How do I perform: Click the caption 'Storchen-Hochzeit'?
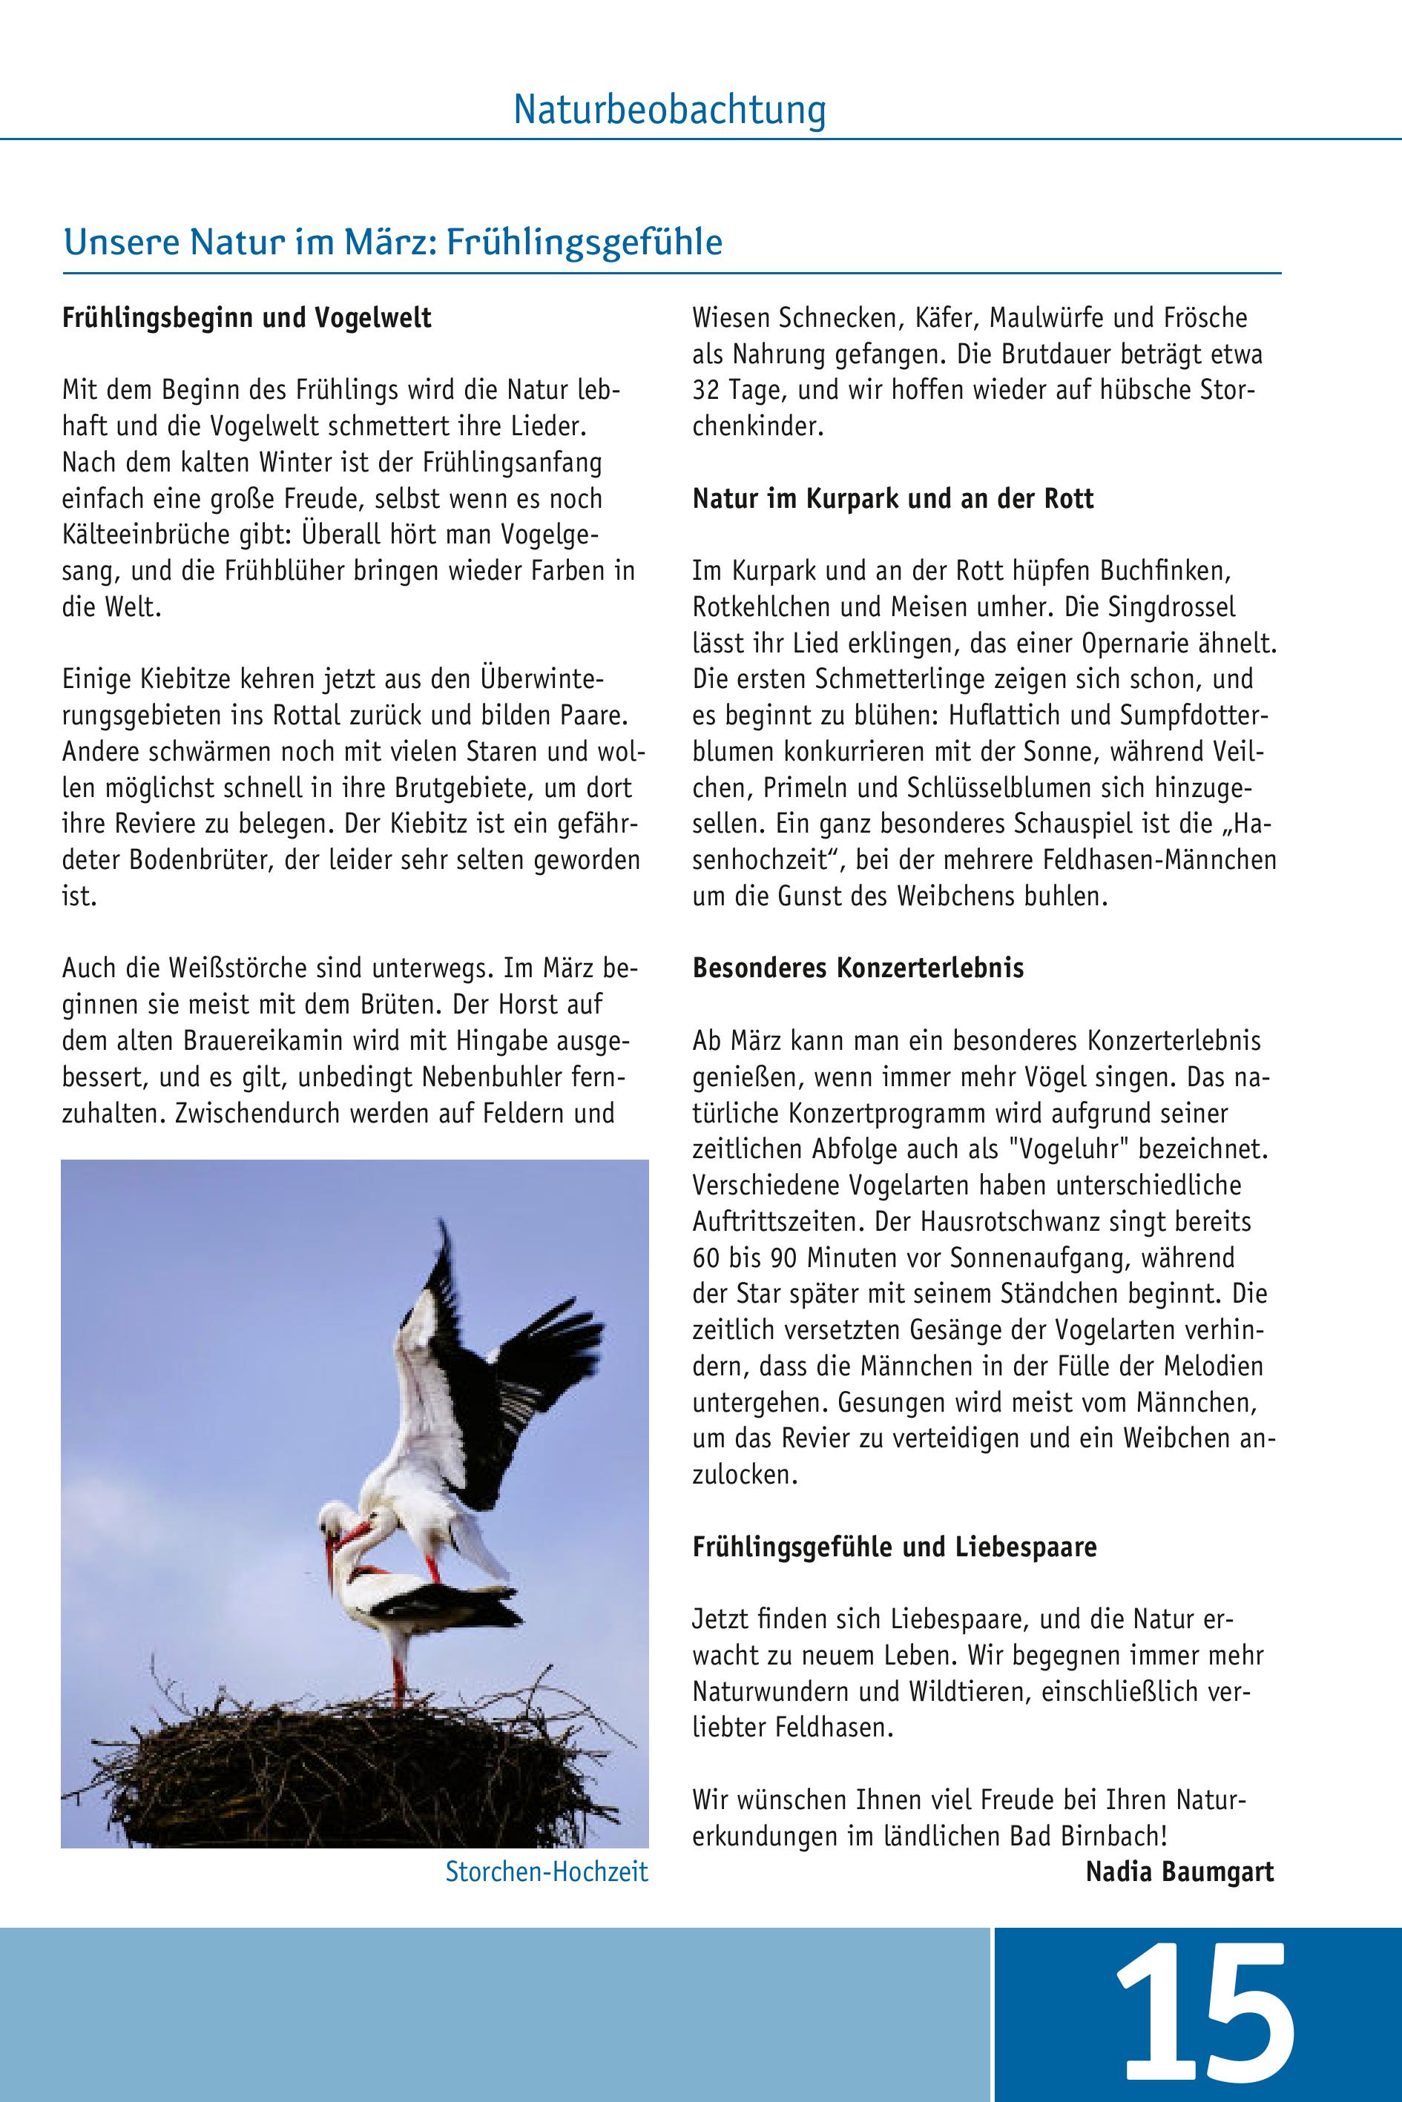(546, 1872)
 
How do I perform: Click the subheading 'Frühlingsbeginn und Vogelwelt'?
(247, 318)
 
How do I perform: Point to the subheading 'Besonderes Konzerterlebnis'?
(858, 968)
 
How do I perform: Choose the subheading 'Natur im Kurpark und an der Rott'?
(892, 499)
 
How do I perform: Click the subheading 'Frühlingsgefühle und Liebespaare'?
(894, 1546)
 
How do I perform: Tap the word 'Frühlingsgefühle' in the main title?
(585, 242)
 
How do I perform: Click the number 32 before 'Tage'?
(706, 391)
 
